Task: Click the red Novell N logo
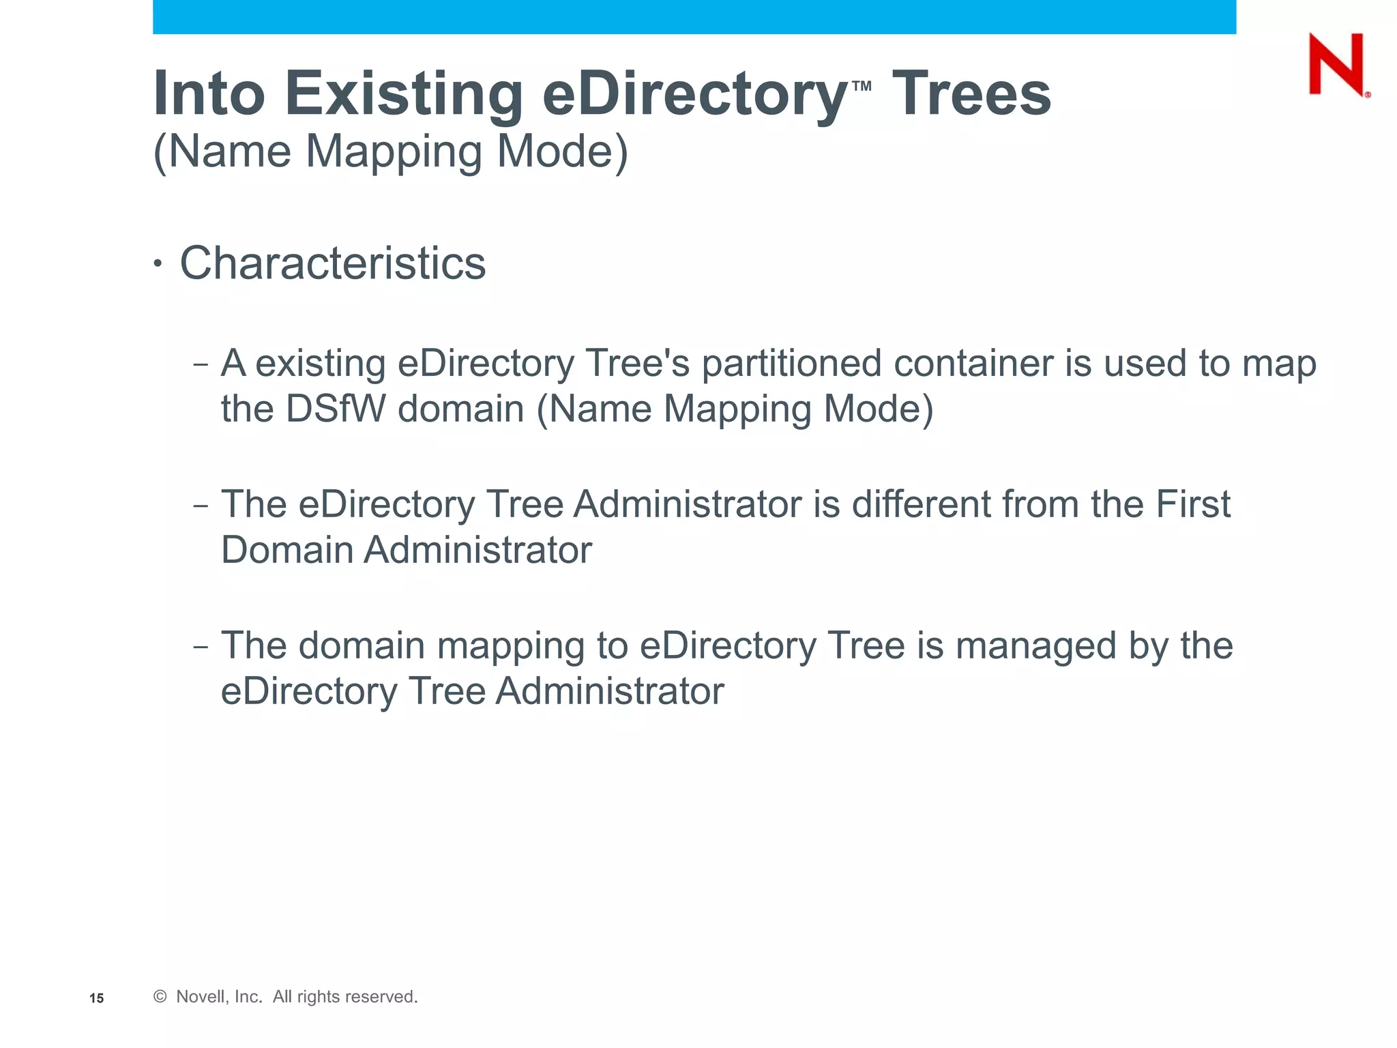click(1336, 65)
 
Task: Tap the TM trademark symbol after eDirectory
click(862, 86)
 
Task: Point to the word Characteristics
click(332, 263)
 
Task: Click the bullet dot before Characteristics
click(158, 264)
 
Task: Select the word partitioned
click(791, 363)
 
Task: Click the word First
click(1192, 504)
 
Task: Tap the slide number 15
click(97, 998)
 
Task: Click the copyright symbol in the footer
click(160, 997)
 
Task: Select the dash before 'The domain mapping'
click(200, 646)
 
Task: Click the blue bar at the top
click(694, 16)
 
